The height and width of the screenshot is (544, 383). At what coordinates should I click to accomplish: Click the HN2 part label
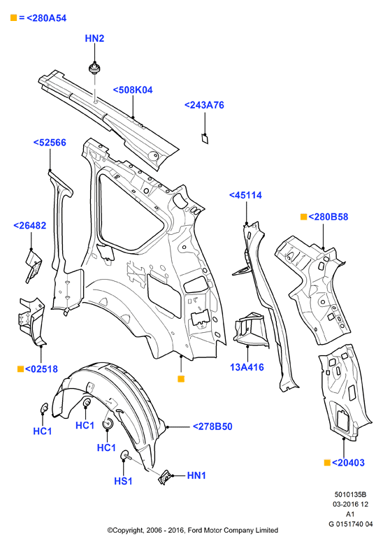pos(94,38)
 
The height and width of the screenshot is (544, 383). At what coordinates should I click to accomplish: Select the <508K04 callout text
pos(133,90)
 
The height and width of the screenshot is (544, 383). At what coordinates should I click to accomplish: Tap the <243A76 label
pos(204,105)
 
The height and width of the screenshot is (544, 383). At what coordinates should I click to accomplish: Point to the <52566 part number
pos(50,143)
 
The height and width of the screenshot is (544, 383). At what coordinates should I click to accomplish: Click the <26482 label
pos(30,226)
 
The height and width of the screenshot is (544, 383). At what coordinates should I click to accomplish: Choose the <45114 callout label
pos(245,195)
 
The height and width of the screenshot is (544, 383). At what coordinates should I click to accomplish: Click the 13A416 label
pos(247,367)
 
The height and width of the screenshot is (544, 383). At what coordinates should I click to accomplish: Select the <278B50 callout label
pos(212,427)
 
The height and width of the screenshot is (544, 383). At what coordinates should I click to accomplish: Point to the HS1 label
pos(123,481)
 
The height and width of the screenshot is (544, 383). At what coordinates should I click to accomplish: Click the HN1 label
pos(196,475)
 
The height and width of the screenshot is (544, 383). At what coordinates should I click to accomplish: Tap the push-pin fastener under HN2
pos(94,68)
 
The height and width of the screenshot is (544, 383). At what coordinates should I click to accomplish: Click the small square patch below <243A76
pos(205,138)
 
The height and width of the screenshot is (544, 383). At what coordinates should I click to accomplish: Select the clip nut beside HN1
pos(164,478)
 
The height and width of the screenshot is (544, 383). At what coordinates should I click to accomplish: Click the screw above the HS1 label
pos(125,456)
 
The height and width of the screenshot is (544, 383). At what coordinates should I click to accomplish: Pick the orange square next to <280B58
pos(303,217)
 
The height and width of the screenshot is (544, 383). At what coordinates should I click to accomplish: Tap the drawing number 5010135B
pos(350,495)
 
